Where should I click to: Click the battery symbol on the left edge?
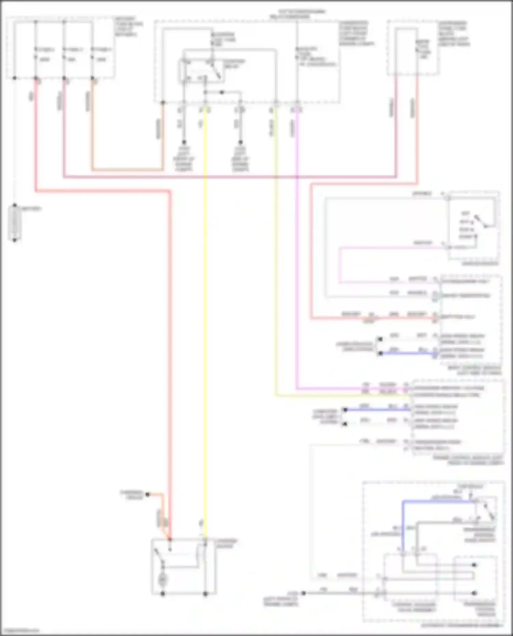(15, 223)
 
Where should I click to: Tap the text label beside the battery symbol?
(31, 208)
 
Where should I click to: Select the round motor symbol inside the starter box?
(163, 579)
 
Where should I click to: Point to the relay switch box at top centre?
(201, 71)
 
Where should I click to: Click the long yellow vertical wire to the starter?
(205, 308)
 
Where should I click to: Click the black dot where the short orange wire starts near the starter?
(148, 494)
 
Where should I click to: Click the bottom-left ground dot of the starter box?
(163, 594)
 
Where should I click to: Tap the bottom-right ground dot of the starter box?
(205, 594)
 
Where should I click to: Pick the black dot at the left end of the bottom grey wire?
(303, 593)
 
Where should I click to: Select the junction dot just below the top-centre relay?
(222, 92)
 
